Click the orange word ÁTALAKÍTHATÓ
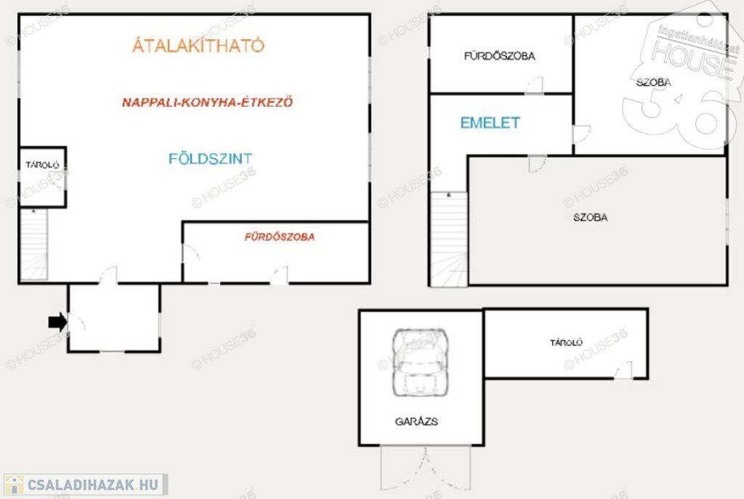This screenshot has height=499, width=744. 198,45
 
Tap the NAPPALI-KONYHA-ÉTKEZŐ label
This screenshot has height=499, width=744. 207,102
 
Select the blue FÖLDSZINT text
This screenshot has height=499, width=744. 210,158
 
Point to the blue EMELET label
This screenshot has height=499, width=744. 490,123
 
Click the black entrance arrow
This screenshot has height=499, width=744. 57,322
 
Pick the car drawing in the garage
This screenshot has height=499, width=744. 420,362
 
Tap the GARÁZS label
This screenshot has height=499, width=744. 416,421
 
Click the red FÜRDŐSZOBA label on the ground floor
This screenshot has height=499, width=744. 280,237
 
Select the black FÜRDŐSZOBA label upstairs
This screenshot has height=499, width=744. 500,56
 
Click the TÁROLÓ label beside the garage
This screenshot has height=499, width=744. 566,342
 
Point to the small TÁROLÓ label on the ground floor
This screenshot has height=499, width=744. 42,165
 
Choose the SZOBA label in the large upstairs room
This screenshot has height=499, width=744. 590,217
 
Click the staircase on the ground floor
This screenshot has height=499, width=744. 33,245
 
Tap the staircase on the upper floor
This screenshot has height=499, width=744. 449,239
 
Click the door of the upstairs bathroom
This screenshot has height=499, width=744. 534,86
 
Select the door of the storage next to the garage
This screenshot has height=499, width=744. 623,370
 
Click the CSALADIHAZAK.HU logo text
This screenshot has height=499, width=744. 92,484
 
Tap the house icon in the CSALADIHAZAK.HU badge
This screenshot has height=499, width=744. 15,484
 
